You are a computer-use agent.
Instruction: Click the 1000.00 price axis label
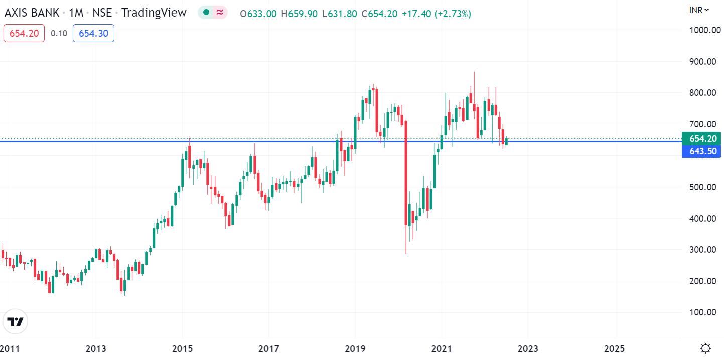(704, 30)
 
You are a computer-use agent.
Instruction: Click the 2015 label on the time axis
(183, 348)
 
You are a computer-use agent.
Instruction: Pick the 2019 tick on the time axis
(355, 348)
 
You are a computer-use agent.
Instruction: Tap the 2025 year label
(615, 348)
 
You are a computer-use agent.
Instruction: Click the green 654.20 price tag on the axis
(701, 139)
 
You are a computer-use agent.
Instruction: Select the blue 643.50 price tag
(701, 151)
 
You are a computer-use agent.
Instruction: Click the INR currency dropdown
(699, 10)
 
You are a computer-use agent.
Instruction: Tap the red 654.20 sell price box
(24, 34)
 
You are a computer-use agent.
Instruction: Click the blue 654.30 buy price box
(93, 34)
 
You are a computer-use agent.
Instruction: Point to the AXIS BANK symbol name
(32, 13)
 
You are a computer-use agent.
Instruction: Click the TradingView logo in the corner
(15, 321)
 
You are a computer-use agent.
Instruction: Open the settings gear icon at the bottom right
(705, 348)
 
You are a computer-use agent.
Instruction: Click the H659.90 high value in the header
(299, 14)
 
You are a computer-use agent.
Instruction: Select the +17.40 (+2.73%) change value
(436, 14)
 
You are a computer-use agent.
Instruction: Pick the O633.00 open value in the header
(258, 14)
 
